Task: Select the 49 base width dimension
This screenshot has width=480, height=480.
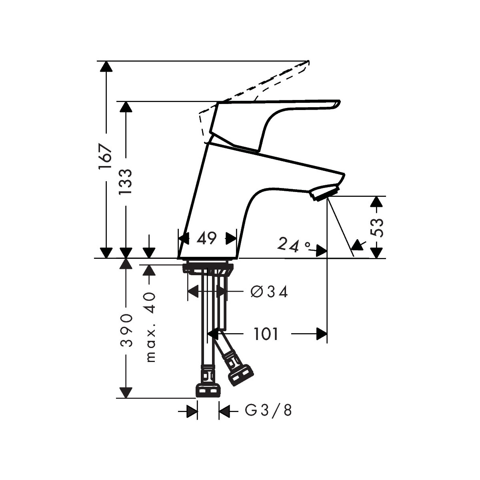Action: pyautogui.click(x=206, y=239)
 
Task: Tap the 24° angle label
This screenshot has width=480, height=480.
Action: pyautogui.click(x=294, y=245)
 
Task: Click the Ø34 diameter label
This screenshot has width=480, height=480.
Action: pyautogui.click(x=269, y=292)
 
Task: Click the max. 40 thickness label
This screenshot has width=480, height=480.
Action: pyautogui.click(x=150, y=327)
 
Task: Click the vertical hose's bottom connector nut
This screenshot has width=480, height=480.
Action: pyautogui.click(x=208, y=390)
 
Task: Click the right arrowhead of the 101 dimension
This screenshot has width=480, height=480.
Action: pyautogui.click(x=322, y=334)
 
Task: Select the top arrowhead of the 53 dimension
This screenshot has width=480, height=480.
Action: pyautogui.click(x=375, y=202)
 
